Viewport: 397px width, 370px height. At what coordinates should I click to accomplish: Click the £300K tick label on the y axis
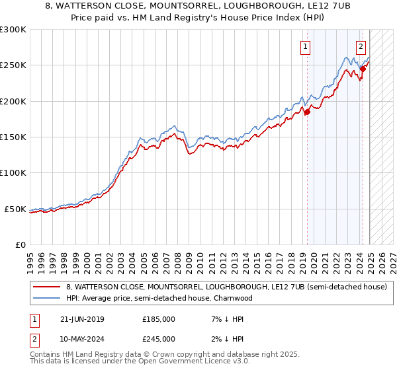click(13, 30)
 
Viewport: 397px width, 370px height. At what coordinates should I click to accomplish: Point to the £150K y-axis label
click(13, 137)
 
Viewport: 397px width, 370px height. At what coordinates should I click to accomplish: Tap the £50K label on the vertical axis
click(16, 209)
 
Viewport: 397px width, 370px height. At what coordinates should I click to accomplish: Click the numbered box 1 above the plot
click(306, 47)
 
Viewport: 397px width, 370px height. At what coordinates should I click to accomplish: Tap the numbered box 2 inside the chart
click(361, 47)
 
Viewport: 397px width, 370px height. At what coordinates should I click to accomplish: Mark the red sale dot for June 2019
click(307, 112)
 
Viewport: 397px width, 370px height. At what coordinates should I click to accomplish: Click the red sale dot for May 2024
click(363, 69)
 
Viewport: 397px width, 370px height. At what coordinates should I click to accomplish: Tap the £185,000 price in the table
click(159, 319)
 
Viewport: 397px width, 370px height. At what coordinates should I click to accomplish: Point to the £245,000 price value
click(159, 339)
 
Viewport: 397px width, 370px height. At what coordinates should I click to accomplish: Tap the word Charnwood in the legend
click(234, 298)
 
